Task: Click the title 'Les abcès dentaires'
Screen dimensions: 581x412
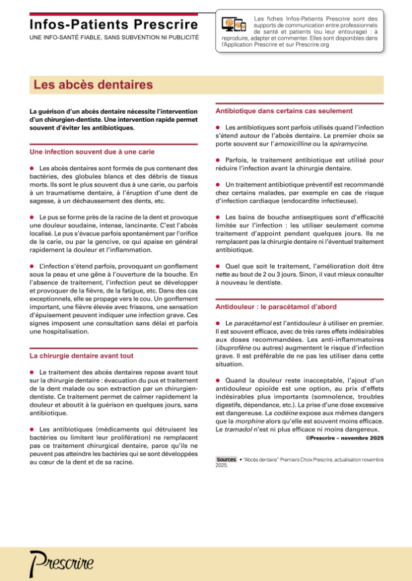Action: tap(94, 86)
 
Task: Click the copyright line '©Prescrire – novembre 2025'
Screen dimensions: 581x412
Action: tap(345, 440)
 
